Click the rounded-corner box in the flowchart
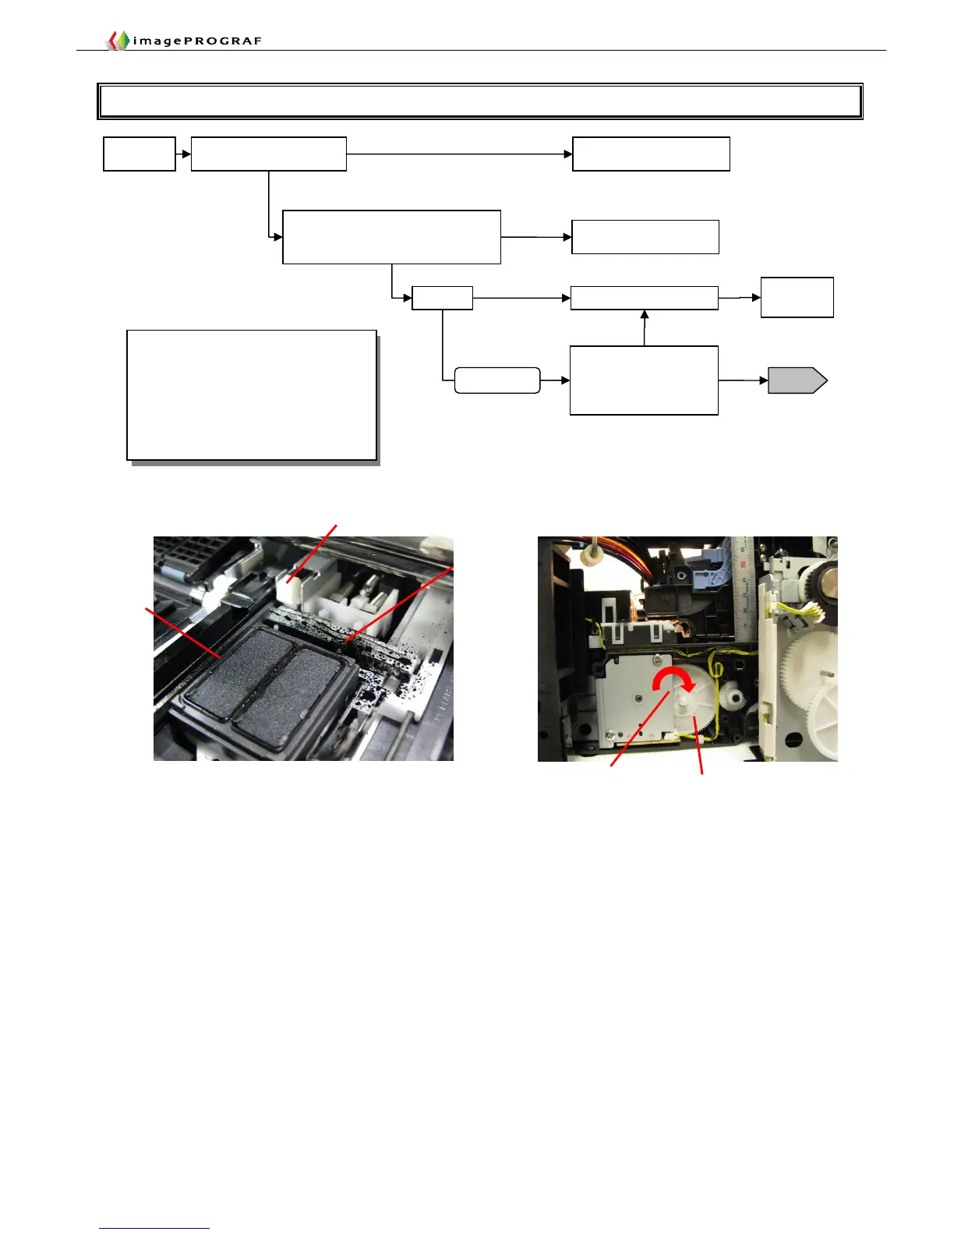pos(497,380)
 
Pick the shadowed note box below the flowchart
pos(252,395)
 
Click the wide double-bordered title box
pos(480,101)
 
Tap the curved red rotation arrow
pos(672,680)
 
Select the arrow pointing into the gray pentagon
pos(743,380)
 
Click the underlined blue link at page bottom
pos(154,1228)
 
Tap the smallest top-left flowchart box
pos(140,154)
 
